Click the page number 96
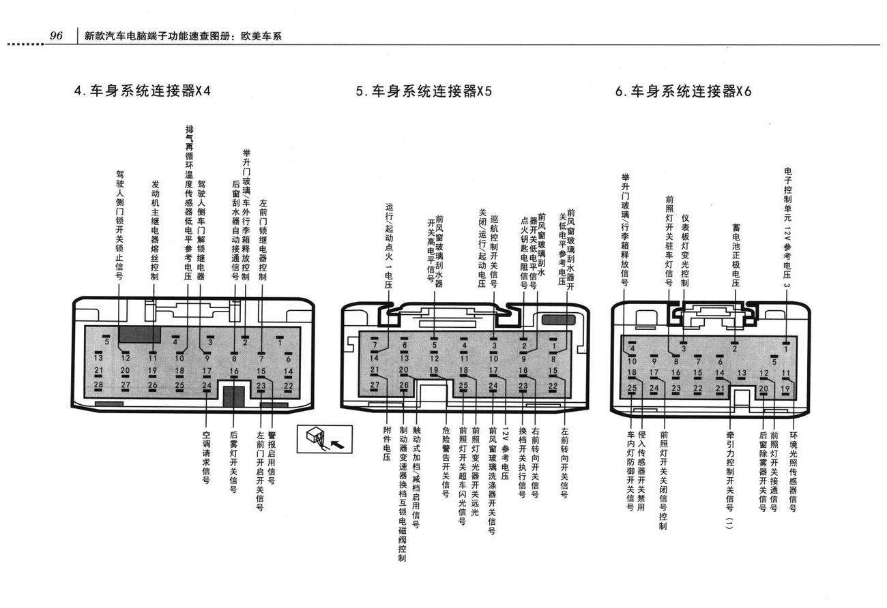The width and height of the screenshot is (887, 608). [56, 35]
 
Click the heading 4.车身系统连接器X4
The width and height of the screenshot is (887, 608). [142, 91]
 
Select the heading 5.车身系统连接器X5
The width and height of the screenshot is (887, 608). [424, 91]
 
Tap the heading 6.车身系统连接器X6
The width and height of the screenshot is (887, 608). [683, 91]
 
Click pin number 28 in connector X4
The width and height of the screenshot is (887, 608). [98, 384]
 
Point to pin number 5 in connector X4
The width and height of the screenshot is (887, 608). [106, 341]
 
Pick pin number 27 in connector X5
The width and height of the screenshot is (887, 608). [375, 385]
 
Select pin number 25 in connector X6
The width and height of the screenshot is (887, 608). [632, 388]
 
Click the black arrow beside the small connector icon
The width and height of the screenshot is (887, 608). [337, 444]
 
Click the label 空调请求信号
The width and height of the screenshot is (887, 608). [206, 457]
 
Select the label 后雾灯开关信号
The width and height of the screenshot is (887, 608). [233, 461]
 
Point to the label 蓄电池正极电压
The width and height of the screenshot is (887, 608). [736, 255]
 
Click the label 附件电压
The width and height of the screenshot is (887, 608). [387, 444]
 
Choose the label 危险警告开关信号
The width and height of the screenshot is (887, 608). [446, 461]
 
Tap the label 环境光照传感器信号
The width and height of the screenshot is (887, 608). [793, 472]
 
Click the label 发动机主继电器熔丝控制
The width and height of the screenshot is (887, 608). [155, 230]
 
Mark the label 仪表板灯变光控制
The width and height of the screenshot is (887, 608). [684, 251]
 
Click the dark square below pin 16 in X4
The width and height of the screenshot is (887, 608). [234, 397]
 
